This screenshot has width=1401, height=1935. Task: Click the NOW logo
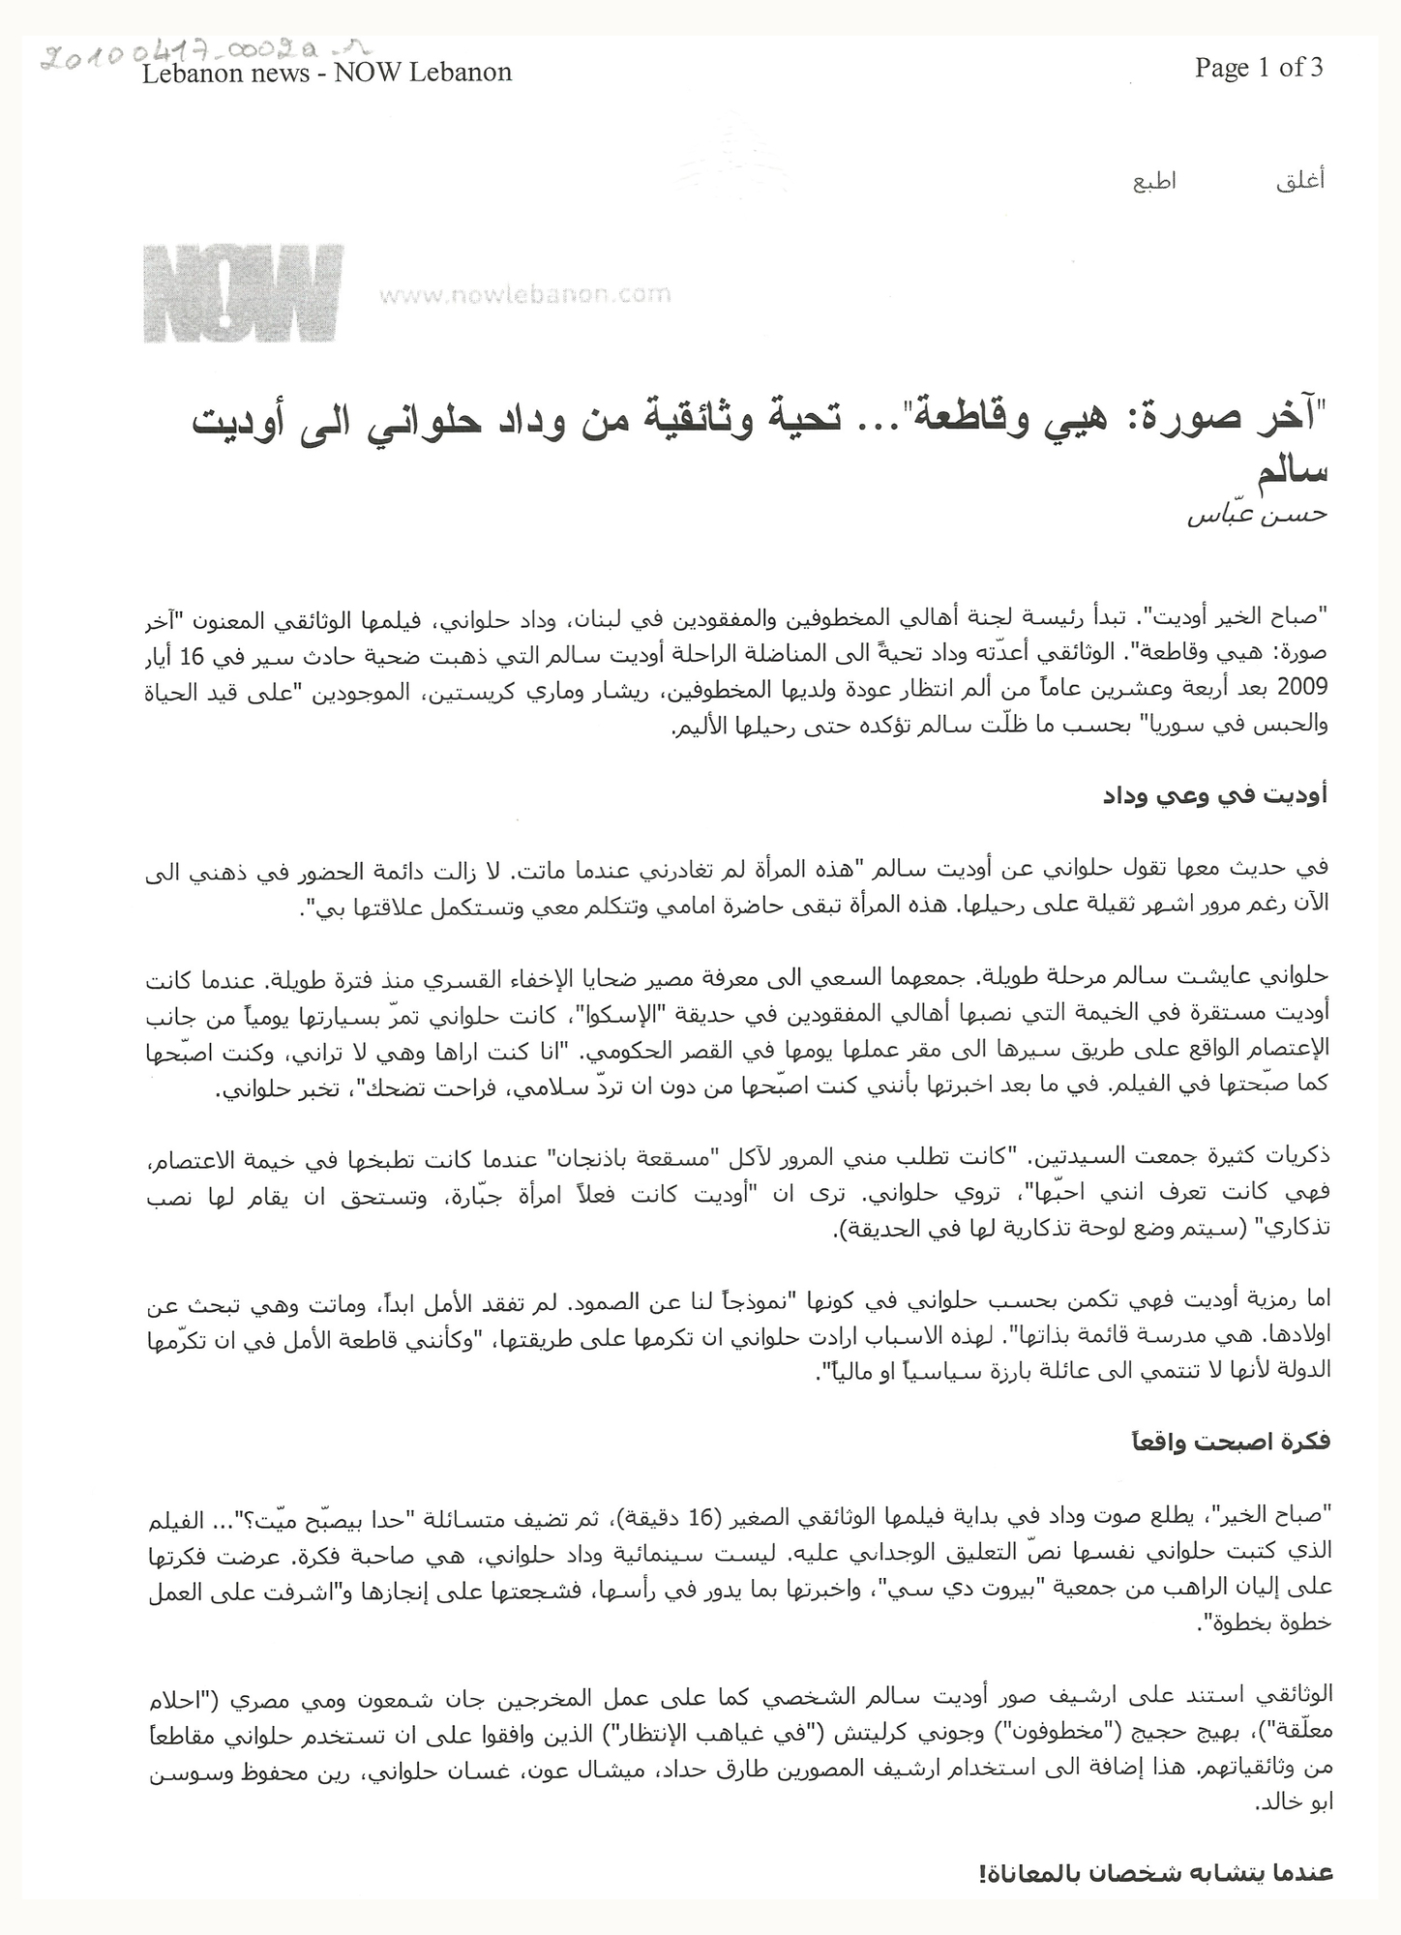coord(243,293)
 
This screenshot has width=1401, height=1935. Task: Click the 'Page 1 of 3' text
coord(1259,67)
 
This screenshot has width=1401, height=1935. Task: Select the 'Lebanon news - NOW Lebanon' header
coord(327,73)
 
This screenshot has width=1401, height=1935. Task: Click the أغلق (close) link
coord(1300,181)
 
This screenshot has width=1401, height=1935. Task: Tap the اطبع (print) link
coord(1154,181)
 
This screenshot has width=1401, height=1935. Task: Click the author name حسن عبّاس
coord(1258,514)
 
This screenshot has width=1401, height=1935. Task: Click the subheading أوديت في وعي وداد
coord(1215,795)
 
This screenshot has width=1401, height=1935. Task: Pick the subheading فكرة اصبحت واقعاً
coord(1225,1441)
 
